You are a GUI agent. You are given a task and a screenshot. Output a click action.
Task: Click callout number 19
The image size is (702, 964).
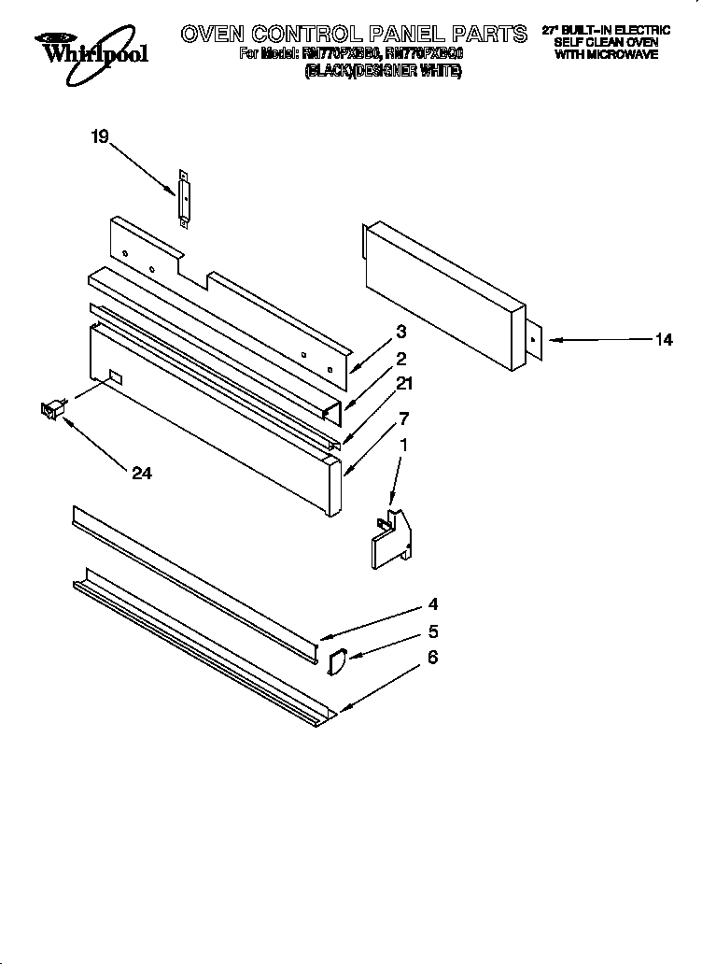pos(99,137)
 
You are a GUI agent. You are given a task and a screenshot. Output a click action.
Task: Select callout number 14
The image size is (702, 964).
pos(663,340)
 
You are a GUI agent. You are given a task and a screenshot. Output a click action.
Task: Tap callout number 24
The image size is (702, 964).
pos(141,474)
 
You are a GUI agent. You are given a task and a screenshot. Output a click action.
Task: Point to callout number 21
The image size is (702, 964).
pos(403,382)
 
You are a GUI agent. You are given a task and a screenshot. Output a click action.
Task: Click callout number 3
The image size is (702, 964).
pos(400,331)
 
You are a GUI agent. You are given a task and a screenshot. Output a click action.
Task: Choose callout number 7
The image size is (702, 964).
pos(403,418)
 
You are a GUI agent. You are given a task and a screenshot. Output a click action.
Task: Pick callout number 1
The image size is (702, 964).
pos(402,447)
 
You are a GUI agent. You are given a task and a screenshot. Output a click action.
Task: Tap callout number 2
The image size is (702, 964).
pos(400,357)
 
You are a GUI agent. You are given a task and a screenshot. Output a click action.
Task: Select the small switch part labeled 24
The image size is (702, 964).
pos(51,408)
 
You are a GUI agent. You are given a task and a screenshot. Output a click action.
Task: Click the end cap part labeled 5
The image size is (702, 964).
pos(336,660)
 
